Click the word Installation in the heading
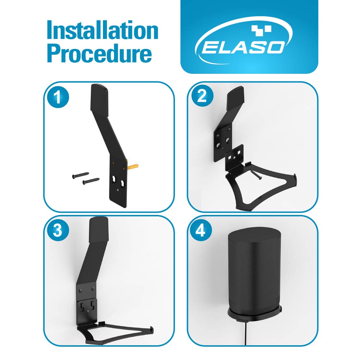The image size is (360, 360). coord(102,30)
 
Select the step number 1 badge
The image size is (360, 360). coord(58,97)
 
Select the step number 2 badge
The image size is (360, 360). coord(202,96)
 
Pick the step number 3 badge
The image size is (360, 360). coord(58,230)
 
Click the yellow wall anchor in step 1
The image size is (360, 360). coord(133,166)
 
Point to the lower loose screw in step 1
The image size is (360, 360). coord(91,181)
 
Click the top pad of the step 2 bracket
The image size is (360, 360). coord(235,97)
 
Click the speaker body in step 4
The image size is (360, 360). coord(255,271)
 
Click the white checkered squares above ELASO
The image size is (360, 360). coord(261,30)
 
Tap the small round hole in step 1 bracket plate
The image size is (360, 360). coord(118,190)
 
